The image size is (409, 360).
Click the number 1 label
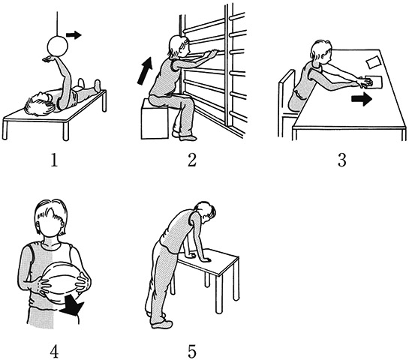pos(54,160)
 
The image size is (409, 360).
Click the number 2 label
pos(191,160)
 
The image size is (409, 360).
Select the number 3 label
pos(342,160)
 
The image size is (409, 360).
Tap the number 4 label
pos(54,351)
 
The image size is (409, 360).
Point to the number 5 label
pos(191,351)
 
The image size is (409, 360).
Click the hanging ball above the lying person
pos(57,46)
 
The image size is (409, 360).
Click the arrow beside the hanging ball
pos(74,34)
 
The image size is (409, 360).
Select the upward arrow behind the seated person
pos(145,70)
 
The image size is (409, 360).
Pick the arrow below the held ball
pos(73,307)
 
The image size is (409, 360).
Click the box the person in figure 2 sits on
pos(155,118)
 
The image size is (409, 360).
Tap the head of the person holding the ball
pos(51,217)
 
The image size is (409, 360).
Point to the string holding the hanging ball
pos(57,24)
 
